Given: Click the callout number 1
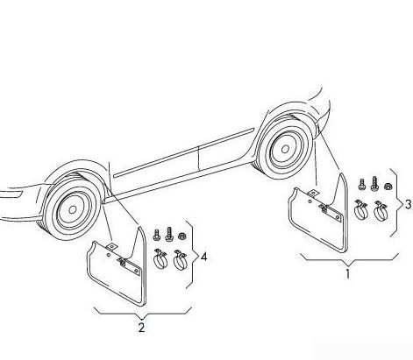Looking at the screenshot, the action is tap(348, 274).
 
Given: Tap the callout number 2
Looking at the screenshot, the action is tap(141, 328).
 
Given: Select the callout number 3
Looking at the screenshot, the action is tap(408, 204).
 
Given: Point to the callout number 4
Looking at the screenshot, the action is tap(203, 257).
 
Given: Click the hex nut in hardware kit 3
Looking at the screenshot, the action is tap(388, 186).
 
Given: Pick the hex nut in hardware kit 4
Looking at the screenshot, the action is tap(182, 235).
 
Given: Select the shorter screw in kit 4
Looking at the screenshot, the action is tap(157, 235).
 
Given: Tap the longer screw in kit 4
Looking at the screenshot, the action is tap(169, 234).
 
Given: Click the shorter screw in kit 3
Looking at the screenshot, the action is tap(362, 185).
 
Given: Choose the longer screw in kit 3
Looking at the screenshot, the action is tap(374, 184).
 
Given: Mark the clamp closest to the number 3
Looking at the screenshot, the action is tap(381, 210).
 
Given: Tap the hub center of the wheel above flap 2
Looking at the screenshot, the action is tap(73, 209).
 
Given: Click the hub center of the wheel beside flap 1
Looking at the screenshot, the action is tap(285, 149).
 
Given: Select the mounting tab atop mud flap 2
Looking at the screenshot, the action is tap(111, 246).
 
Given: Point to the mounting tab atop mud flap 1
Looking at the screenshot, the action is tap(313, 194).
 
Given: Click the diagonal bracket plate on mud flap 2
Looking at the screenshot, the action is tap(129, 265).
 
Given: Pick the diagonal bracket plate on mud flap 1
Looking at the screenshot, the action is tap(331, 212).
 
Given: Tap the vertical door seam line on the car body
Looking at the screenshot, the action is tap(198, 159).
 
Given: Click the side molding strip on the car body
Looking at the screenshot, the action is tap(184, 153).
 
